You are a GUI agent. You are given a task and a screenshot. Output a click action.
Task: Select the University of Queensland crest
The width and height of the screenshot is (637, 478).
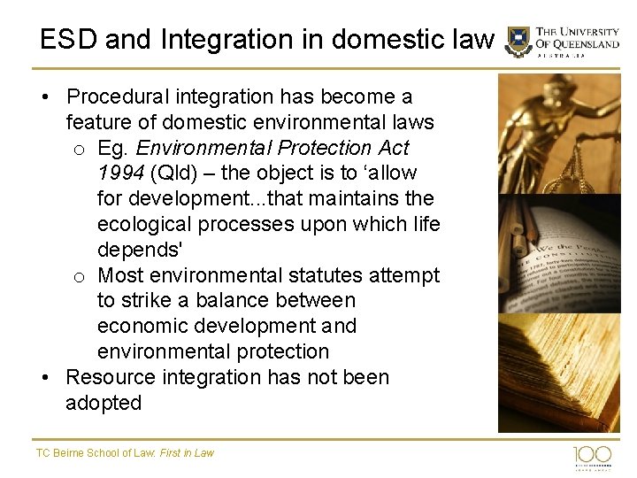click(518, 42)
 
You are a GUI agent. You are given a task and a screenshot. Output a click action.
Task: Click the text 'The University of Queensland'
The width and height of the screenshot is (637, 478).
click(577, 37)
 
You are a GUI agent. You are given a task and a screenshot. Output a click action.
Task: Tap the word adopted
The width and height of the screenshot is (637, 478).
click(104, 403)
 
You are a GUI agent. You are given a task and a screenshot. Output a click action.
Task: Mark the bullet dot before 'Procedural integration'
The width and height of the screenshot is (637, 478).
click(46, 97)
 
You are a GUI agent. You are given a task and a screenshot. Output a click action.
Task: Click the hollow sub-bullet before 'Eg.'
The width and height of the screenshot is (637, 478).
click(79, 149)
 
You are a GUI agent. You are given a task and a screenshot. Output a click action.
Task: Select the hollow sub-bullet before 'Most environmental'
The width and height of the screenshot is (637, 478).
click(79, 277)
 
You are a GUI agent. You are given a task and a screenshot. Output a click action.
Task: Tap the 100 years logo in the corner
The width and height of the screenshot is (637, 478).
click(592, 455)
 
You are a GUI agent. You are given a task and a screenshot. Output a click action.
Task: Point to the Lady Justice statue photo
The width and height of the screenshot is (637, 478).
click(558, 133)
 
